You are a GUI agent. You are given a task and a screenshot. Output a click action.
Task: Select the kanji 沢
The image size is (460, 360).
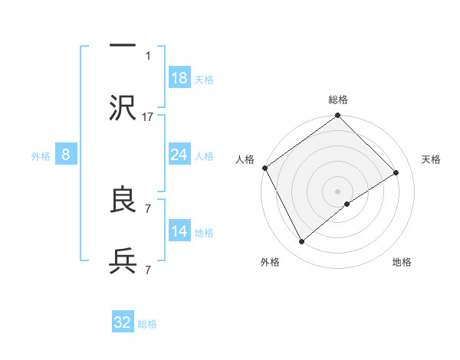coord(123,106)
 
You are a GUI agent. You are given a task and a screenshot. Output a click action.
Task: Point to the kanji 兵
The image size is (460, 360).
coord(123,261)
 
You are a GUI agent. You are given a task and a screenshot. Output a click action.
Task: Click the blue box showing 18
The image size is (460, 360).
coord(179,78)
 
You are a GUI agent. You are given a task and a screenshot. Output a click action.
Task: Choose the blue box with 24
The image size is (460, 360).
coord(179,155)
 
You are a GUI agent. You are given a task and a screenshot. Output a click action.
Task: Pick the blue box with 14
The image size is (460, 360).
coord(179,231)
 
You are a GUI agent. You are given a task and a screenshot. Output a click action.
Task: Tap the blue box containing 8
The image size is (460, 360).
coord(66,155)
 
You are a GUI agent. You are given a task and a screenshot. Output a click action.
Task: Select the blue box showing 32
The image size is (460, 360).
coord(123,322)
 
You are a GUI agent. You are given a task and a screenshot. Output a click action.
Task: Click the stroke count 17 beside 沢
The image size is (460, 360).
coord(148,116)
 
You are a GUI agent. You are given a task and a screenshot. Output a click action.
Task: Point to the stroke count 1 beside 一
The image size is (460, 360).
coord(148,55)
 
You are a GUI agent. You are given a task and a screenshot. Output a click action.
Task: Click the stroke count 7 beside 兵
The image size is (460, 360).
coord(148,270)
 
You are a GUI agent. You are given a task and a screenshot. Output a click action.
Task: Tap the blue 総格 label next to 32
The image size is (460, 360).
coord(147,324)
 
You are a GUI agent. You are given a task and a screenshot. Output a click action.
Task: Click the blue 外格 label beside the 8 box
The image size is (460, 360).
coord(41,156)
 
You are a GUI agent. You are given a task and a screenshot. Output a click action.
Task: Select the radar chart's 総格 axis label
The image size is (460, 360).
coord(338,100)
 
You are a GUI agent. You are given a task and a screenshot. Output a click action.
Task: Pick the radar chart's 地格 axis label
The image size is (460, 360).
coord(402,262)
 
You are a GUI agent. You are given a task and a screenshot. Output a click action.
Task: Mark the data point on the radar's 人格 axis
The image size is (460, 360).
coord(264,168)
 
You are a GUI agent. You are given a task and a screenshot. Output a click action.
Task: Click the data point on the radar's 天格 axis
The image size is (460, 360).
coord(396,173)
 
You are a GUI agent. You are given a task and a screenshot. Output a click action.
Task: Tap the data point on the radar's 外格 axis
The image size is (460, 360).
coord(301,242)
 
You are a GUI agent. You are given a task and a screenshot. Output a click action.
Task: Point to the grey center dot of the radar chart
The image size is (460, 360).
coord(338,191)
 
